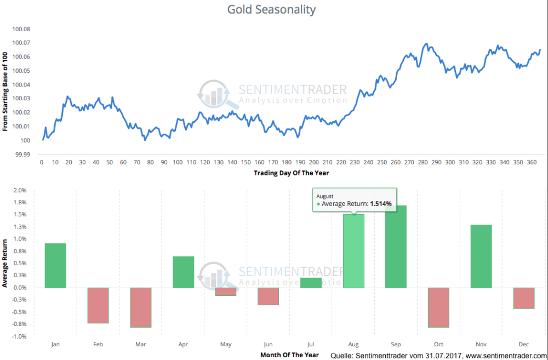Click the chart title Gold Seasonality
pos(272,10)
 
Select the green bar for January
pos(55,266)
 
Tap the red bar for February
pos(98,305)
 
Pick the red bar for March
pos(140,307)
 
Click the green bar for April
pos(183,272)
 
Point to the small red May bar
pos(226,292)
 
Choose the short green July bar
pos(311,283)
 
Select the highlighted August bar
pos(353,251)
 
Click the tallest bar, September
pos(396,247)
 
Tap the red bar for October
pos(438,307)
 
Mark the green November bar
pos(481,256)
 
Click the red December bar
pos(523,298)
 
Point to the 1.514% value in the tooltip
pos(381,204)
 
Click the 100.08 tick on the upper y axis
pos(21,29)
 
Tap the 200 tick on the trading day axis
pos(313,162)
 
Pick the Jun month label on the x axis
pos(268,344)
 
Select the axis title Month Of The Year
pos(289,355)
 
